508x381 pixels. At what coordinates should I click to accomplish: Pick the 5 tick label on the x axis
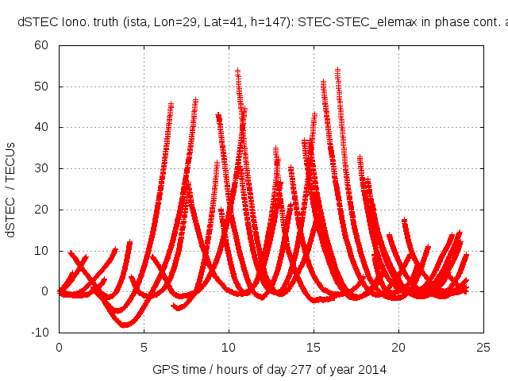click(144, 347)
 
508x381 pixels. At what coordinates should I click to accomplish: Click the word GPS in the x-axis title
click(163, 369)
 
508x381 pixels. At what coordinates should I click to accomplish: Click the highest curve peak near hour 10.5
click(237, 71)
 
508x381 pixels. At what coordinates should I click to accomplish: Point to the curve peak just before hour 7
click(171, 104)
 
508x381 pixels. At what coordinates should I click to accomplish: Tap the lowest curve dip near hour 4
click(125, 325)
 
